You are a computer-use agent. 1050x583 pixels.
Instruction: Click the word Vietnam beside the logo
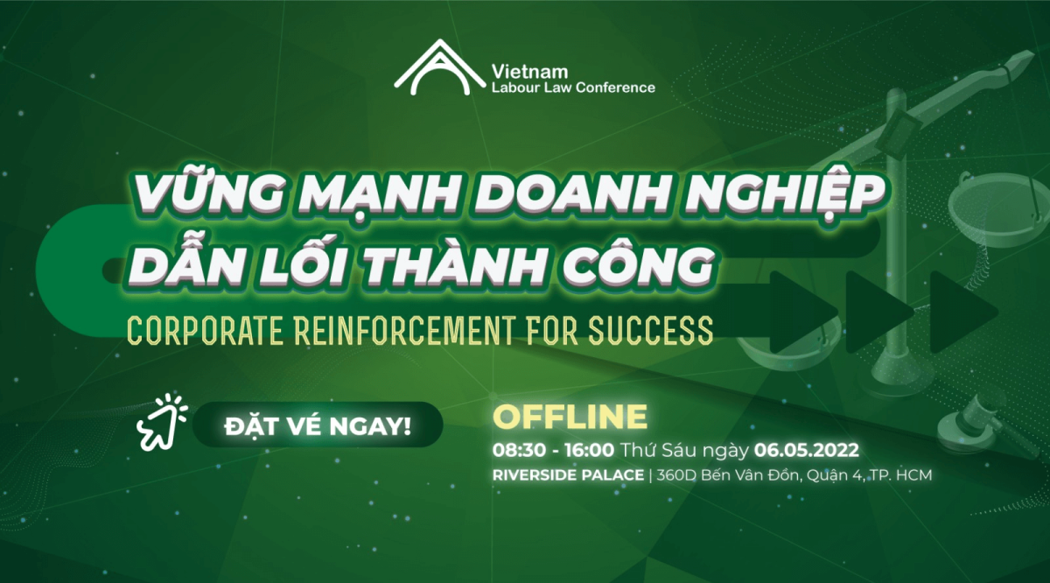529,72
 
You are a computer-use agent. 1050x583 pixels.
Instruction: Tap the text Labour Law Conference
573,88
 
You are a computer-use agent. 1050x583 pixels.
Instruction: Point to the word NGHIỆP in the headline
784,193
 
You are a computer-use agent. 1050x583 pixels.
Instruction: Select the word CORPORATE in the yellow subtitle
205,331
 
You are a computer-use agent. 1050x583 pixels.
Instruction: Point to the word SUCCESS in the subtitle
651,331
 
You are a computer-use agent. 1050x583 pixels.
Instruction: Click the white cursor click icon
162,422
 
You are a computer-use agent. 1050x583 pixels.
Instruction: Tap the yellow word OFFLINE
570,416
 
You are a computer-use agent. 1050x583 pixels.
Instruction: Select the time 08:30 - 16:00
553,451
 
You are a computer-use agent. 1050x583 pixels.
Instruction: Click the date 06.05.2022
806,451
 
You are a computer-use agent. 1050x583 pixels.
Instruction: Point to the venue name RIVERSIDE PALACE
568,475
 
